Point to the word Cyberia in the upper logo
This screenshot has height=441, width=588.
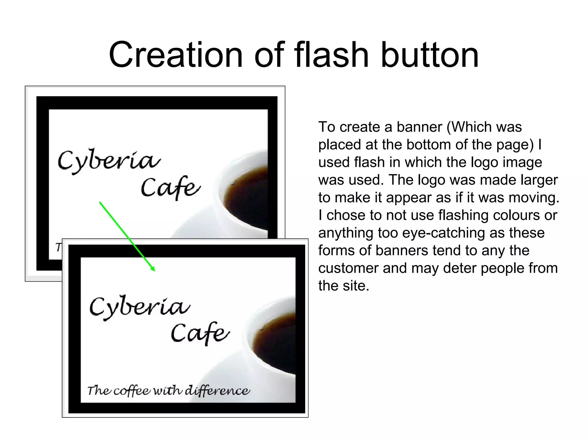109,161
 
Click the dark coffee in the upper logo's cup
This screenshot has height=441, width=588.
247,198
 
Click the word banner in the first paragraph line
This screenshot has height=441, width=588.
419,127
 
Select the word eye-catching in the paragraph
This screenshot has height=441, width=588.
473,233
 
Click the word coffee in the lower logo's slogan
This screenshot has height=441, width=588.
132,391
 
